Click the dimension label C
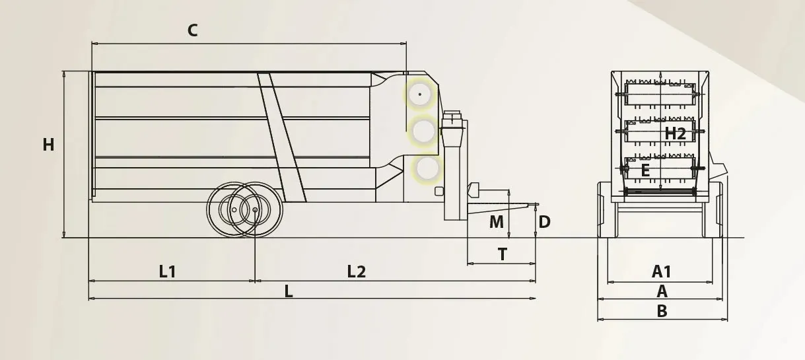pos(193,30)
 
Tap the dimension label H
pos(48,145)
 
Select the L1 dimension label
pos(168,271)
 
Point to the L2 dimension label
pos(357,271)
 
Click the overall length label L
pos(289,291)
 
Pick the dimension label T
pos(503,254)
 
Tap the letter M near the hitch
pos(497,222)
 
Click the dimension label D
pos(544,222)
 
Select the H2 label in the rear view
pos(676,134)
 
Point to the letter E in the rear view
pos(645,170)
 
